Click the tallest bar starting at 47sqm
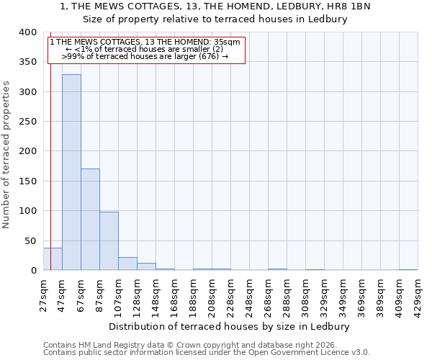[x=71, y=172]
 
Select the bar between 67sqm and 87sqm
[x=90, y=220]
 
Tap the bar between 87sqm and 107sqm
[x=109, y=241]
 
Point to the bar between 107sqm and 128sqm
[x=127, y=264]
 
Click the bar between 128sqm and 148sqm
[x=146, y=266]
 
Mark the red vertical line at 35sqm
[x=50, y=144]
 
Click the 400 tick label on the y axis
[x=27, y=32]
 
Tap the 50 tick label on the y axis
[x=30, y=240]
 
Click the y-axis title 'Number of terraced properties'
[x=6, y=154]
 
